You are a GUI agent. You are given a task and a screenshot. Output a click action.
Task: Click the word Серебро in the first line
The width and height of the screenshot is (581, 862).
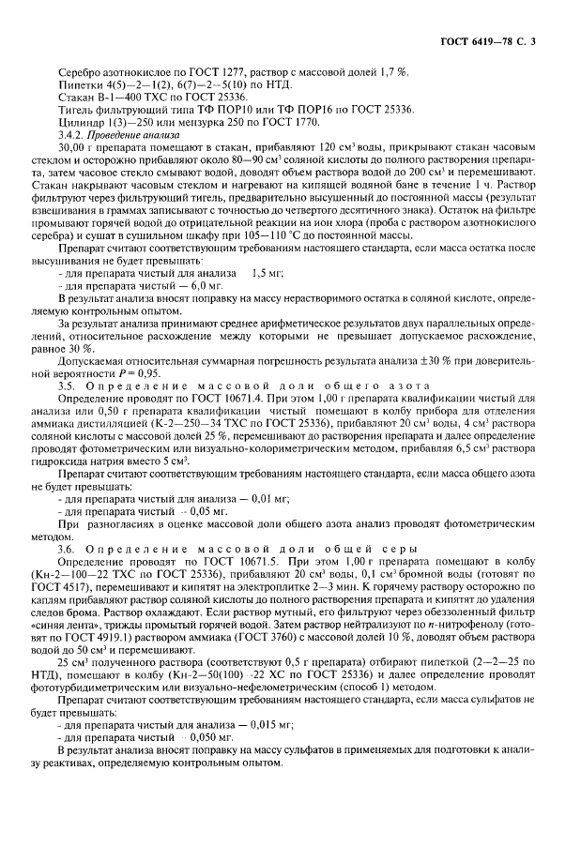pos(80,72)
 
